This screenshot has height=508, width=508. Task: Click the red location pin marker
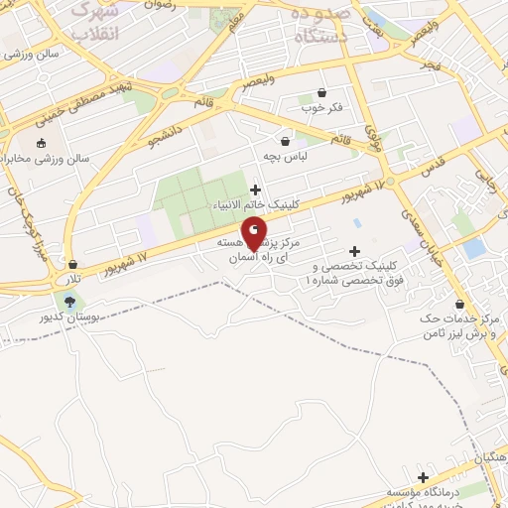pos(254,231)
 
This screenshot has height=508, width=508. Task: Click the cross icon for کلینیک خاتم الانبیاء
pos(255,189)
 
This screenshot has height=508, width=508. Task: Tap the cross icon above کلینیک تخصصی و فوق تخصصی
pos(353,251)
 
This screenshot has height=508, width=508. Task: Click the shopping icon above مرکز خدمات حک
pos(459,304)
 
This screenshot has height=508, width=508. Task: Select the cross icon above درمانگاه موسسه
pos(424,477)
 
